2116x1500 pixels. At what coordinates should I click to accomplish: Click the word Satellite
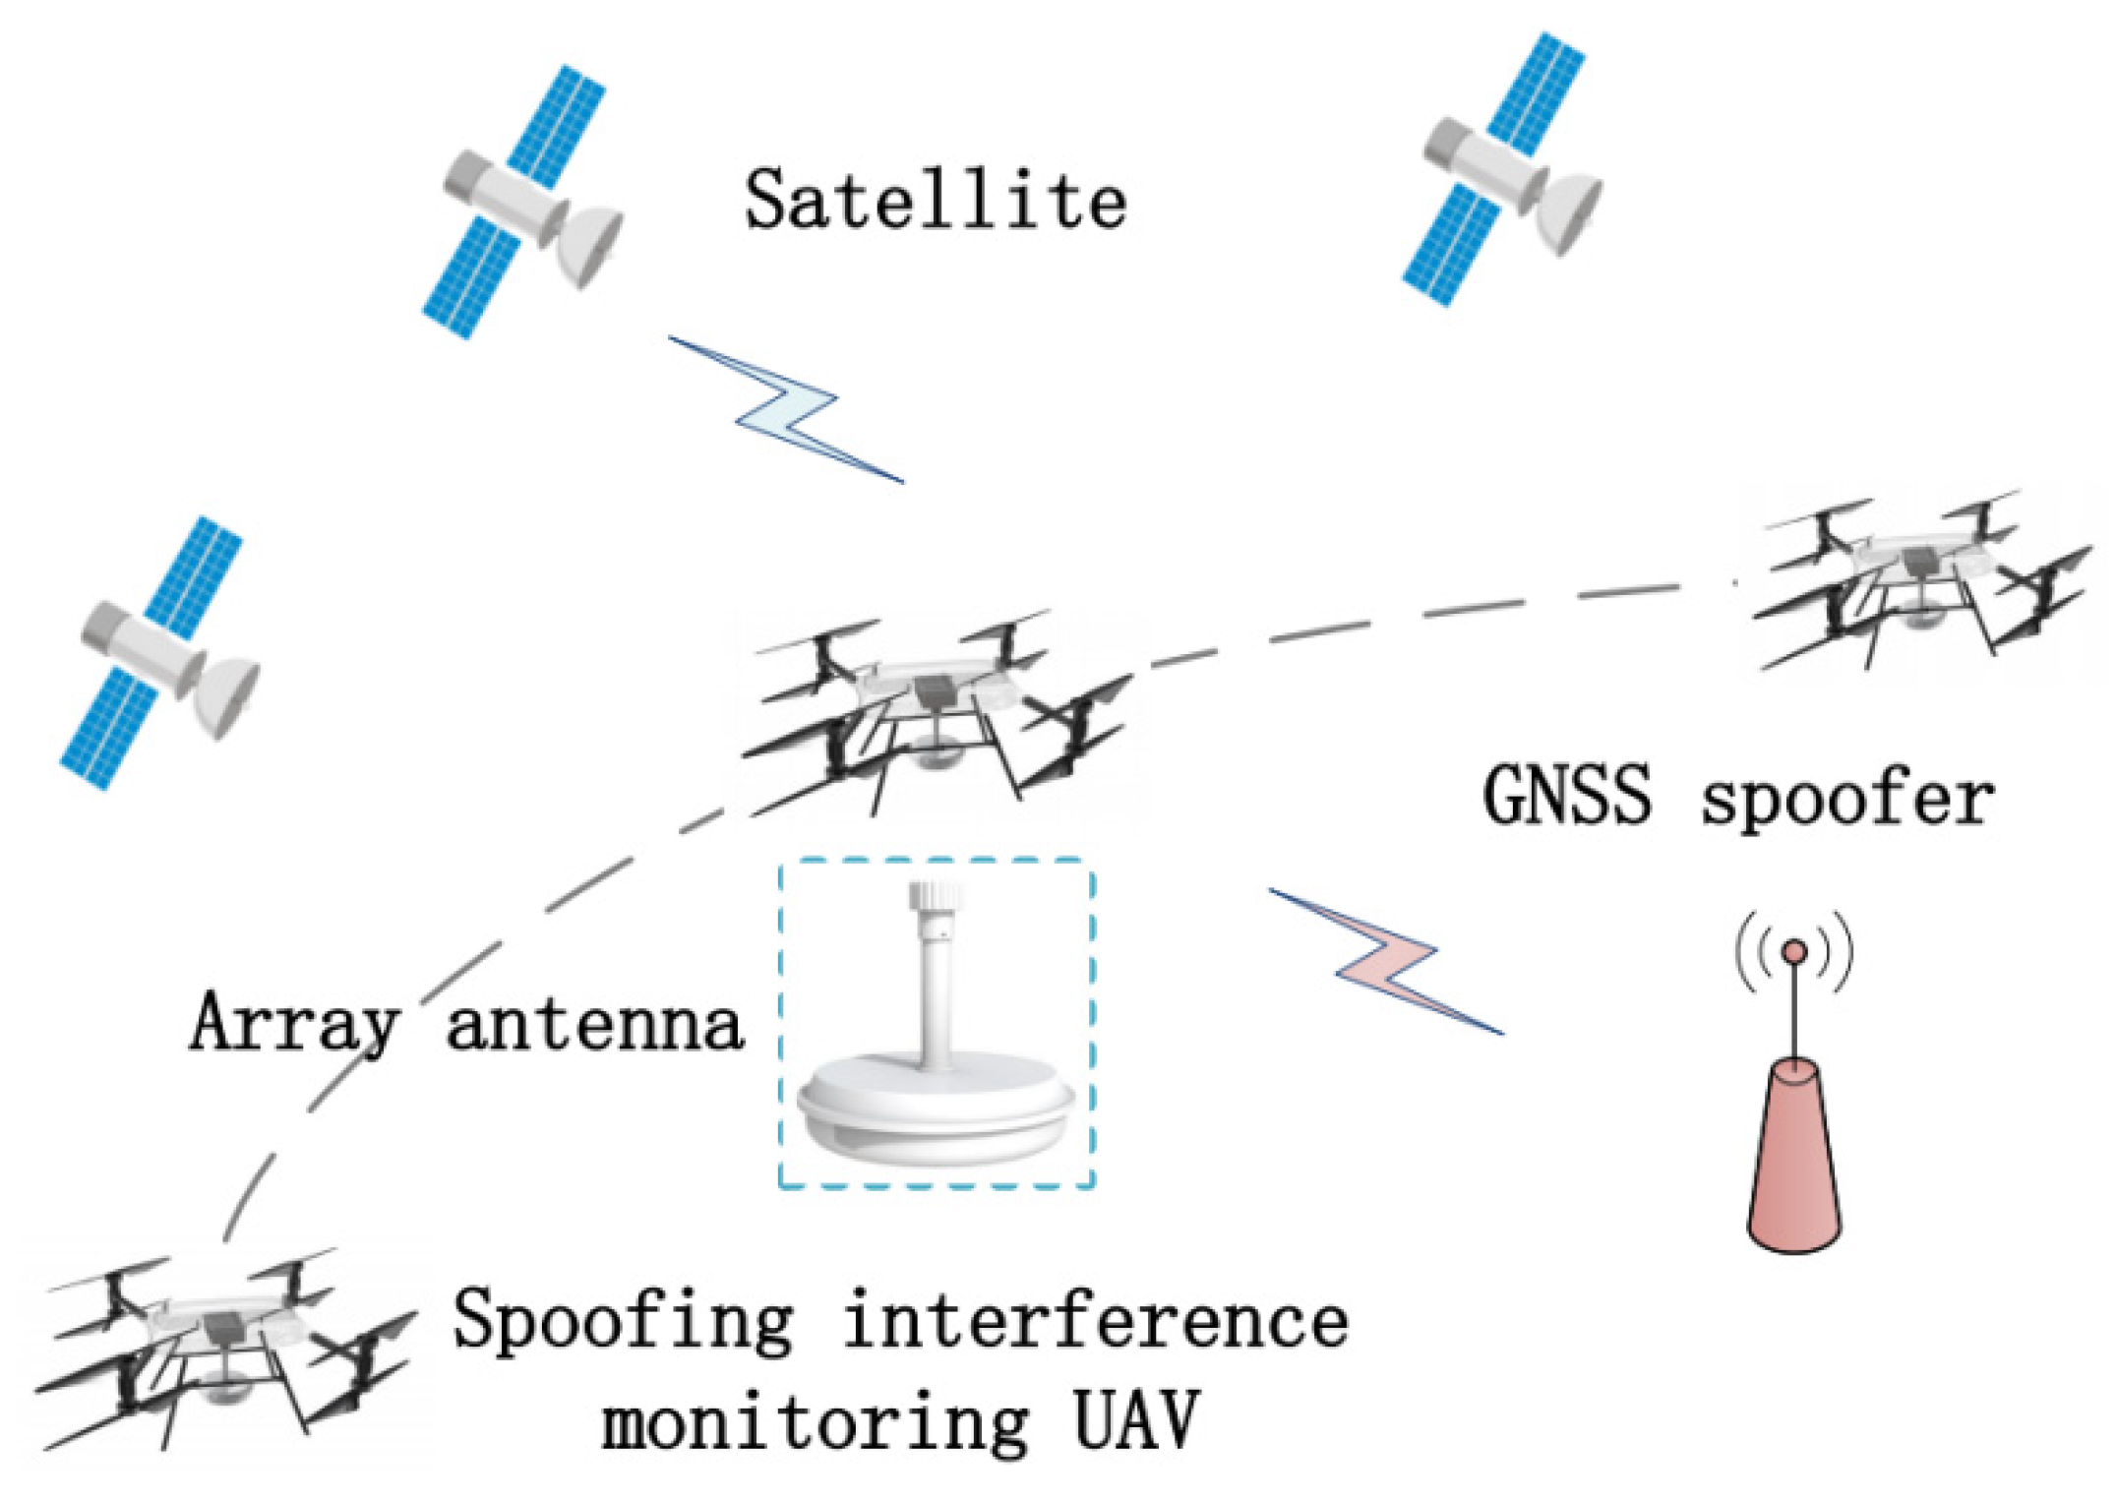pyautogui.click(x=935, y=201)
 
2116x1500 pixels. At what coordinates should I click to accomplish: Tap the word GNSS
pyautogui.click(x=1566, y=796)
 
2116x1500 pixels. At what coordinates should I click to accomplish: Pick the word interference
pyautogui.click(x=1095, y=1321)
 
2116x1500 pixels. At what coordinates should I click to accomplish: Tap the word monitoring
pyautogui.click(x=816, y=1423)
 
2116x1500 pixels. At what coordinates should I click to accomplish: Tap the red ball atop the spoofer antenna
pyautogui.click(x=1794, y=951)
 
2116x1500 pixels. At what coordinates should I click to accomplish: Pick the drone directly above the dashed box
pyautogui.click(x=935, y=708)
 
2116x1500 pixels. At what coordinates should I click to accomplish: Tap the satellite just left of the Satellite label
pyautogui.click(x=521, y=202)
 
